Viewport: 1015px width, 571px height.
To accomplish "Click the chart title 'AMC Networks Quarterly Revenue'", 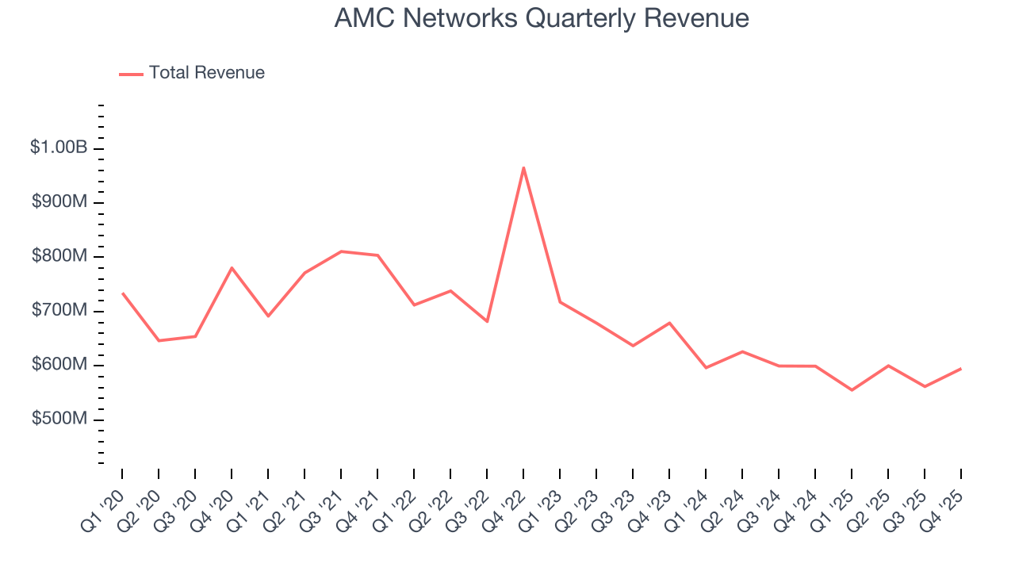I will pos(541,18).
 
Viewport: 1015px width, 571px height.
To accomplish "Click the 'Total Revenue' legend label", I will pos(206,73).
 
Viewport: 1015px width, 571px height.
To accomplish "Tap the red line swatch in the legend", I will pos(131,74).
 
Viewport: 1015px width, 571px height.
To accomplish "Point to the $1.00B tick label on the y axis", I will pos(59,148).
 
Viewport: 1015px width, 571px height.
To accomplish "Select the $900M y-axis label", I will pos(59,202).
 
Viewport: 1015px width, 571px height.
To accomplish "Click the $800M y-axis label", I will pos(59,256).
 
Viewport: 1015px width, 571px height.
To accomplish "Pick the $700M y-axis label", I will pos(59,310).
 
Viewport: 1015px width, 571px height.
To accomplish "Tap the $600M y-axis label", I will pos(59,365).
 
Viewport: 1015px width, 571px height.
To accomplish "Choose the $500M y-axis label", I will pos(59,419).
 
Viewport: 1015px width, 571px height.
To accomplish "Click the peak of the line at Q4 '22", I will pos(523,167).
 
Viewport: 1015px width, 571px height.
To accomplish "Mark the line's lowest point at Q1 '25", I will pos(852,390).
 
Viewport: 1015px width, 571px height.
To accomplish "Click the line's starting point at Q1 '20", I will pos(122,293).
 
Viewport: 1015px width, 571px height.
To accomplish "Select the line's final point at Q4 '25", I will pos(961,369).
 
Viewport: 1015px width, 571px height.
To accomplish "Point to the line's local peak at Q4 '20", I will pos(232,268).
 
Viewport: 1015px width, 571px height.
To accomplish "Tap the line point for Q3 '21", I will pos(341,251).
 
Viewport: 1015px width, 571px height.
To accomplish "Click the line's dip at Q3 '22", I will pos(487,321).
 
